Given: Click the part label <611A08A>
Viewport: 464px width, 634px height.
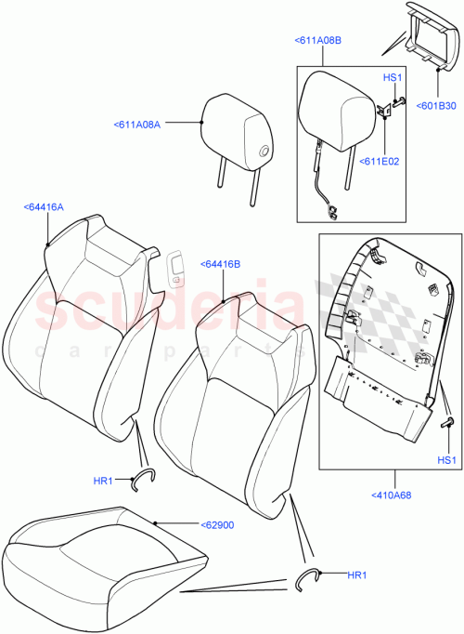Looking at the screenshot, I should pos(137,124).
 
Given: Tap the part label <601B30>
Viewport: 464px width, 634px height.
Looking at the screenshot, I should pos(434,106).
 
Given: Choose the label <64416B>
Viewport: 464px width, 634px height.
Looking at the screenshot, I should pos(219,264).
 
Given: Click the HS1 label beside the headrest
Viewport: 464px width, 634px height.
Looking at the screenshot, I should pos(392,78).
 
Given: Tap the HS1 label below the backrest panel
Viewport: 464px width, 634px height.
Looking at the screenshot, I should pos(447,460).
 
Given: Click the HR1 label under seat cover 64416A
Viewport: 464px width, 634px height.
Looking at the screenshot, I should pos(103,481).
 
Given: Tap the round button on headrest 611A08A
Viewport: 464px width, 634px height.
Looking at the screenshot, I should pos(264,151).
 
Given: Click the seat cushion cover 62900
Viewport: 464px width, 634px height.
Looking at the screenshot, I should pos(102,562).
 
